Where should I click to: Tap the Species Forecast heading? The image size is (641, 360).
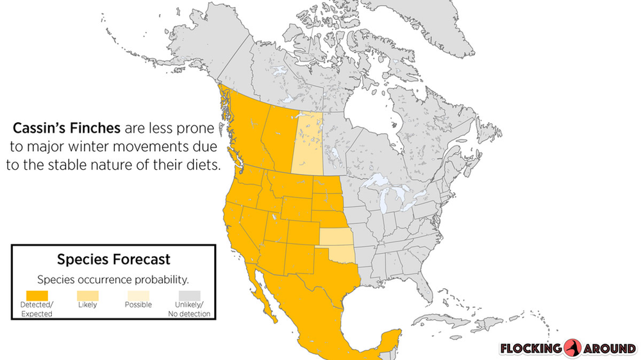[x=113, y=259]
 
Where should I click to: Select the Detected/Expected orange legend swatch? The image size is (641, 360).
[x=37, y=295]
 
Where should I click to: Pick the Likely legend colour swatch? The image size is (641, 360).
[x=87, y=295]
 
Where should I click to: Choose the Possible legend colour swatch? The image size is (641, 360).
[x=138, y=295]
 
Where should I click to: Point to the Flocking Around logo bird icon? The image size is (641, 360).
[x=572, y=348]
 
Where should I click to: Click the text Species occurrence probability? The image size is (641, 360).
[x=113, y=280]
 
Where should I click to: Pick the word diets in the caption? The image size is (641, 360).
[x=203, y=165]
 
